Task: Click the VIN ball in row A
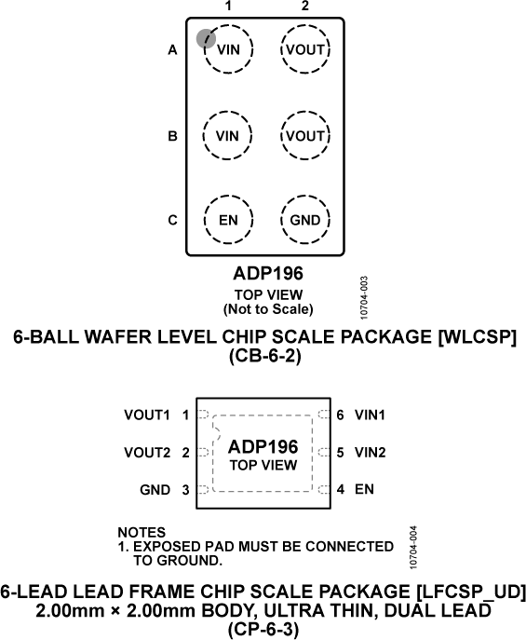click(x=227, y=49)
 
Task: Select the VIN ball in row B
click(x=227, y=135)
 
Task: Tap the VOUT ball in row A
click(x=305, y=49)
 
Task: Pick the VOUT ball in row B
click(x=305, y=135)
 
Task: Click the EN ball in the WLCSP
click(x=227, y=221)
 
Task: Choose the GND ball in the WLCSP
click(x=305, y=221)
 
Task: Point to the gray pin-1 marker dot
click(x=206, y=37)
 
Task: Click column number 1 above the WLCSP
click(x=227, y=7)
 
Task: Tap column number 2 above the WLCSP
click(x=305, y=7)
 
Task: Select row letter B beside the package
click(x=172, y=136)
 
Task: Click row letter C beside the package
click(x=172, y=221)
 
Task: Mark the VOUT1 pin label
click(x=147, y=414)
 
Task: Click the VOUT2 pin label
click(x=147, y=452)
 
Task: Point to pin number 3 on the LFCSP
click(x=186, y=489)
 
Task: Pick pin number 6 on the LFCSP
click(x=341, y=414)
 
